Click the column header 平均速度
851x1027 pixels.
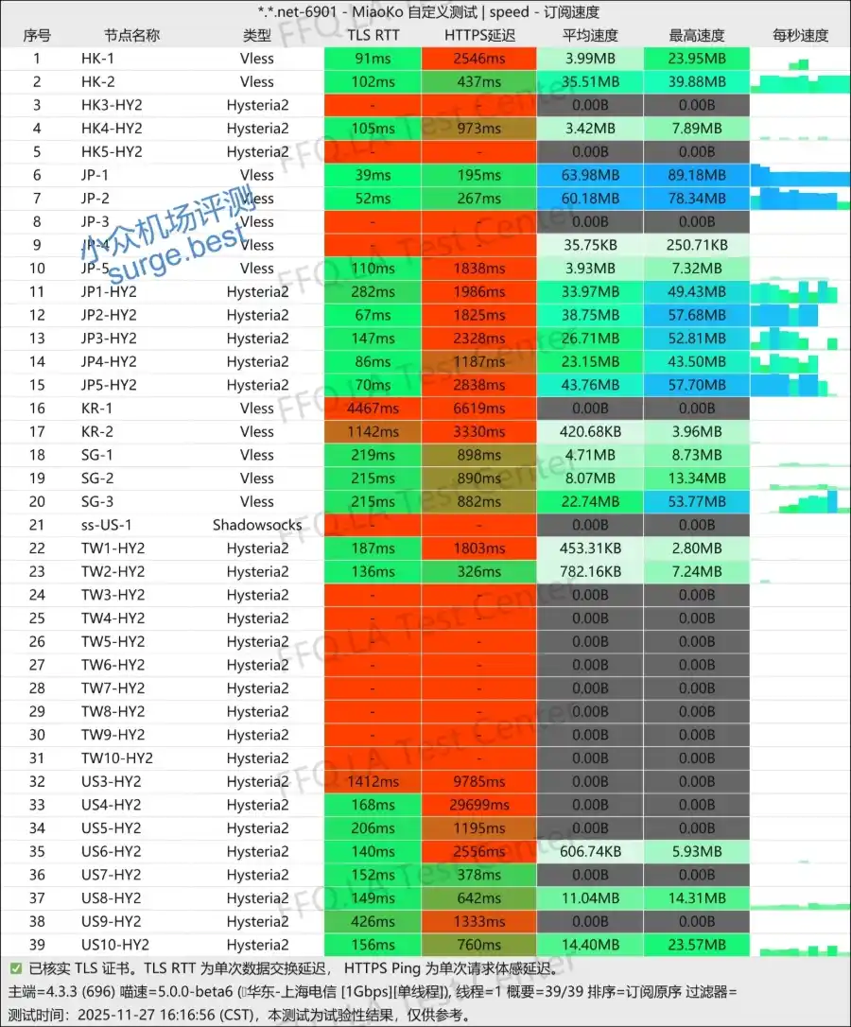click(590, 35)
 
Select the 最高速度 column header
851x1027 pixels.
click(697, 35)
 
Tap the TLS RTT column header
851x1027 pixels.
click(373, 35)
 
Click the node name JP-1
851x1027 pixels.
click(95, 175)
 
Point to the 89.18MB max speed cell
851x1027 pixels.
click(697, 175)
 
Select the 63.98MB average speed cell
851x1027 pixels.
click(590, 175)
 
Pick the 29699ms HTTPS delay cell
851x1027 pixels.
click(479, 805)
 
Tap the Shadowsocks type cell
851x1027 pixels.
click(257, 525)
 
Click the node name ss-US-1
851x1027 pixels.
click(107, 525)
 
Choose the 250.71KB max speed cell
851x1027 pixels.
click(697, 245)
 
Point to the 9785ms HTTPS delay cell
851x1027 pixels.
click(479, 782)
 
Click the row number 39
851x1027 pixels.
click(37, 945)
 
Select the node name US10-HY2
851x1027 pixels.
click(115, 945)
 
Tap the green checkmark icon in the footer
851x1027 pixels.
click(16, 968)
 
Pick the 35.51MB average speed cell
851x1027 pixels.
click(590, 81)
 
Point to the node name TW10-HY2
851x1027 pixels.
click(117, 758)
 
